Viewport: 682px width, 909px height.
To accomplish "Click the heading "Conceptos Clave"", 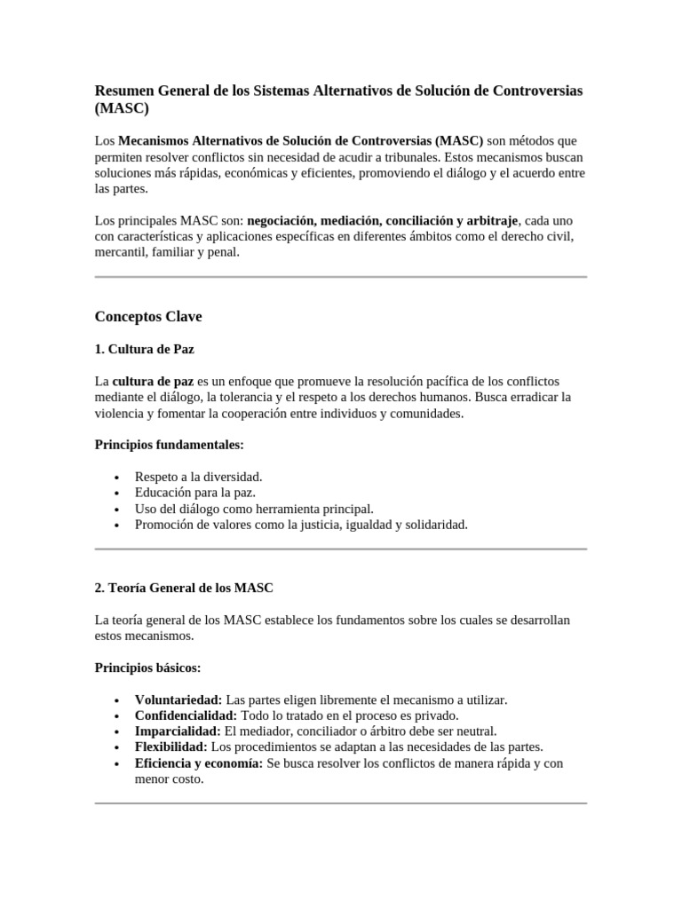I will pos(148,316).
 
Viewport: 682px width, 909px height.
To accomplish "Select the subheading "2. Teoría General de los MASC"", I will pos(184,588).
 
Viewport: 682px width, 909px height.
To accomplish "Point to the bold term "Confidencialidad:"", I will pos(186,715).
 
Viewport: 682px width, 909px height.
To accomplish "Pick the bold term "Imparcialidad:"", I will pos(178,731).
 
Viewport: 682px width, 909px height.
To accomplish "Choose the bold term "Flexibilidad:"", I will pos(171,747).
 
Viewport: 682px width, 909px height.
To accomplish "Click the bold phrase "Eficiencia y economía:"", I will pos(199,763).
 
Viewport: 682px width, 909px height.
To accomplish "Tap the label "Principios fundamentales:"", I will pos(169,444).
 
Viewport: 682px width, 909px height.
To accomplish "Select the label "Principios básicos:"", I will pos(147,667).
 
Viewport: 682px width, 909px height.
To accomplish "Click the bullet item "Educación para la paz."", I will pos(195,493).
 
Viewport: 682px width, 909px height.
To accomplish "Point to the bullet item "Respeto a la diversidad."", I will pos(199,477).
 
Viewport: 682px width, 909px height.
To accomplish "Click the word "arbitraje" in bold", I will pos(491,220).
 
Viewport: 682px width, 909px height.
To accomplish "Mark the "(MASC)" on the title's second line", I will pos(122,109).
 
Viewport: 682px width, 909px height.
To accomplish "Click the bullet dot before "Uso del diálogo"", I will pos(116,510).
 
